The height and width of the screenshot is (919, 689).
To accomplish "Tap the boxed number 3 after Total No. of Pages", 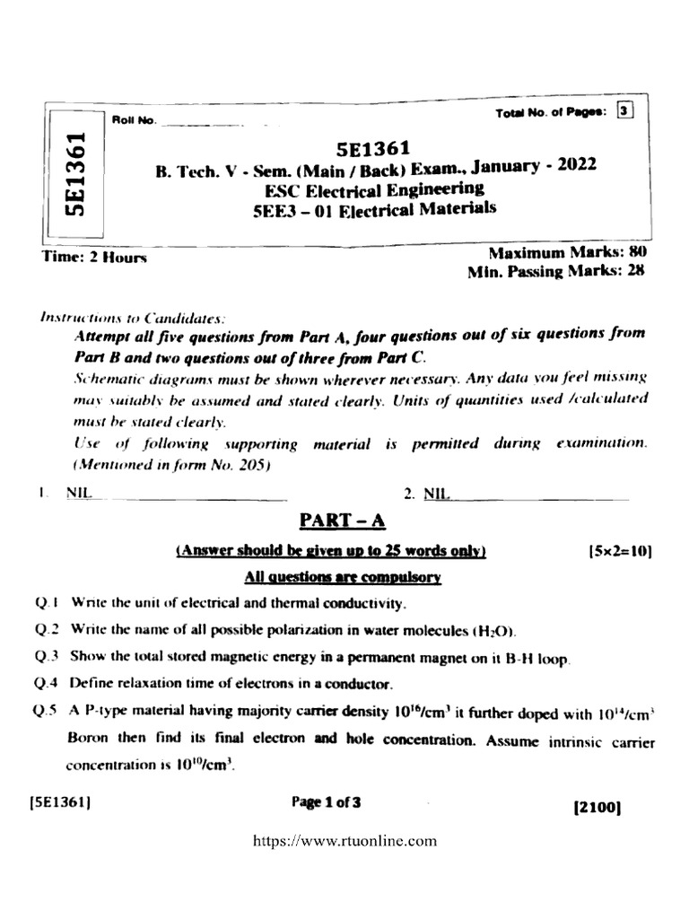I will pyautogui.click(x=625, y=111).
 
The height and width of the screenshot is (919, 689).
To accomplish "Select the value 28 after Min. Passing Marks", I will pyautogui.click(x=636, y=271).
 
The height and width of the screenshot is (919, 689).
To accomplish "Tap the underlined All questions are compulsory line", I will pyautogui.click(x=342, y=579).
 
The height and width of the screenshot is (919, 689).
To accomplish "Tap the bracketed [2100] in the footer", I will pyautogui.click(x=597, y=807).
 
